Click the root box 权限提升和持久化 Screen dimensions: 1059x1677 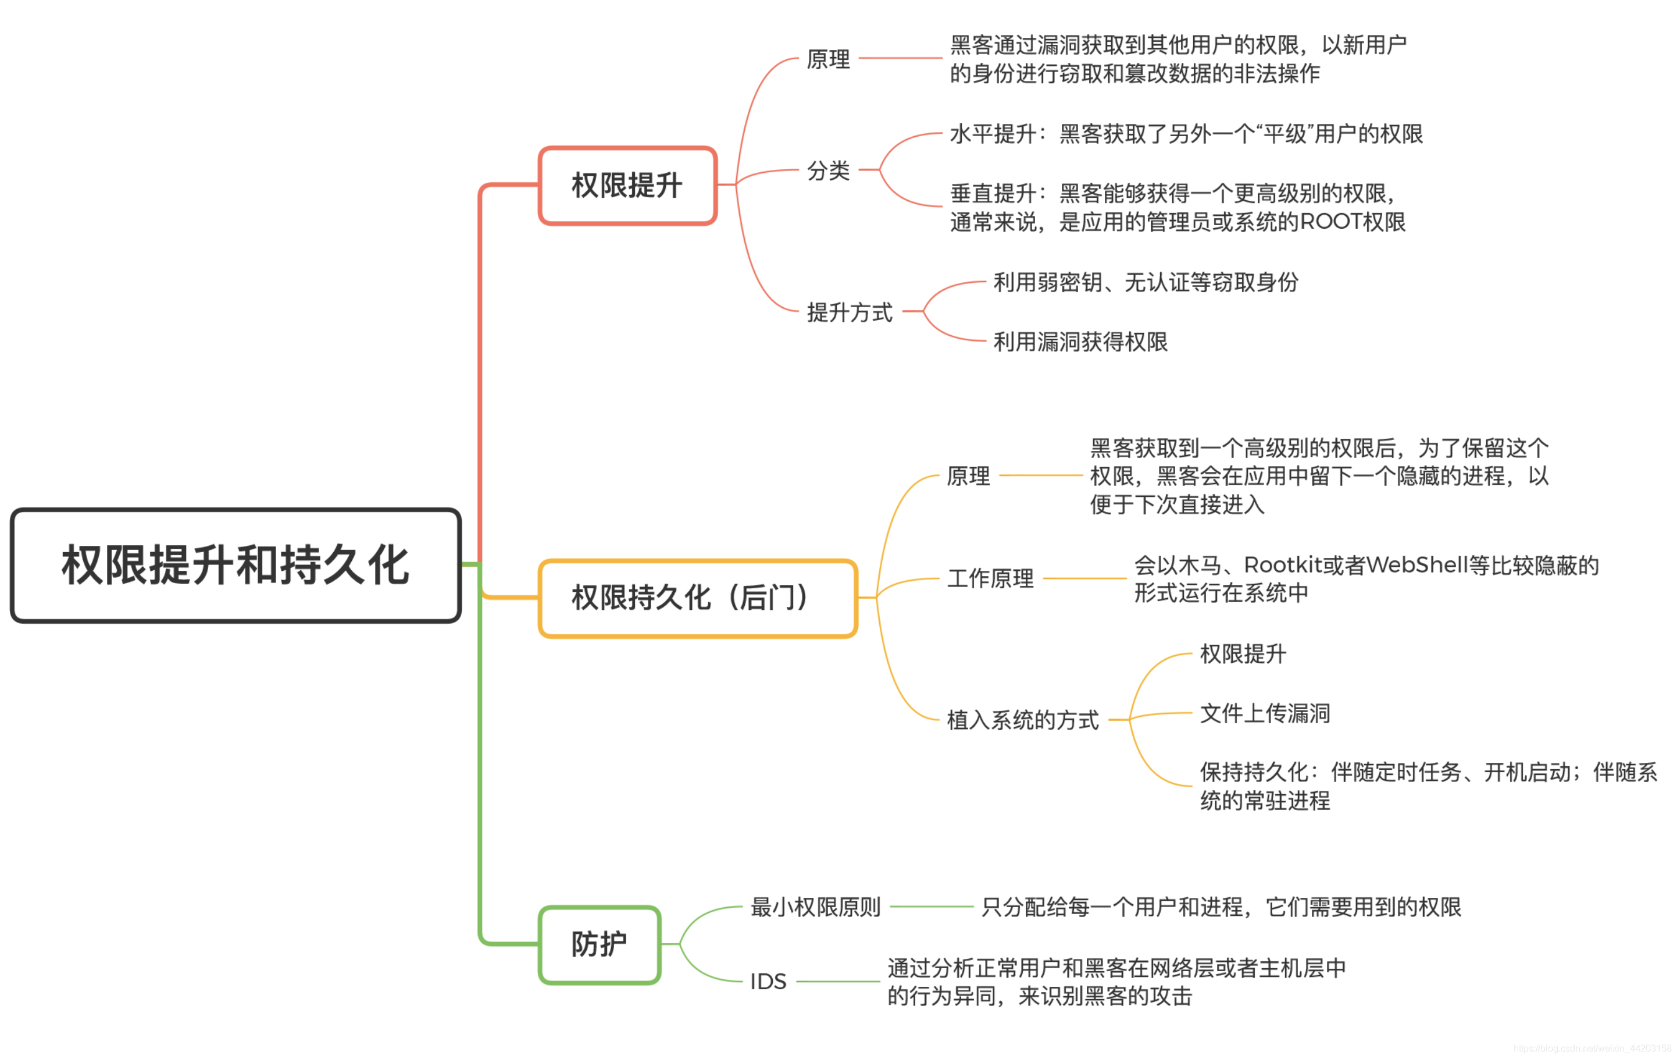coord(236,565)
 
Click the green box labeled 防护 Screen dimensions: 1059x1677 coord(600,946)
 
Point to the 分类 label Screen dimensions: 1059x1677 coord(828,170)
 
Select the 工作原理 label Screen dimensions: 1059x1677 coord(990,579)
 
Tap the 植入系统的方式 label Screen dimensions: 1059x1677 coord(1022,720)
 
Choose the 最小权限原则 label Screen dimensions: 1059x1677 coord(815,908)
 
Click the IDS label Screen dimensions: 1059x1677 coord(768,982)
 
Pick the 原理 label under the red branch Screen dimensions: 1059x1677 coord(828,59)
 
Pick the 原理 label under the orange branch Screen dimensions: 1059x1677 coord(968,477)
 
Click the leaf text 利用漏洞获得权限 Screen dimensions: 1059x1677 coord(1080,342)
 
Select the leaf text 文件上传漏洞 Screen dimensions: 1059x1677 coord(1265,714)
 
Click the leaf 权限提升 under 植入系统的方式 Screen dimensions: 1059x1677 coord(1243,655)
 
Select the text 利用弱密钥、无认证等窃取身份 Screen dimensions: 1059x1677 coord(1146,283)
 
